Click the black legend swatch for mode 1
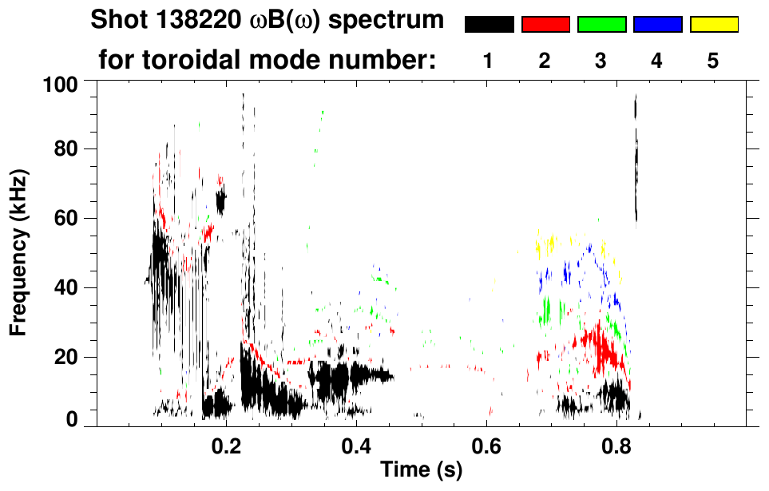click(x=489, y=25)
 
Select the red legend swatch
click(x=545, y=25)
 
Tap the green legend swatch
click(x=601, y=25)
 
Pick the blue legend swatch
click(x=657, y=25)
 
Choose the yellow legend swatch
click(x=713, y=25)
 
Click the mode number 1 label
click(x=488, y=61)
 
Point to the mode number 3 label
click(x=601, y=61)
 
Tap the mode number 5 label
click(x=713, y=61)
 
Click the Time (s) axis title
click(x=421, y=471)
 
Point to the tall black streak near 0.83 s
click(x=636, y=160)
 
